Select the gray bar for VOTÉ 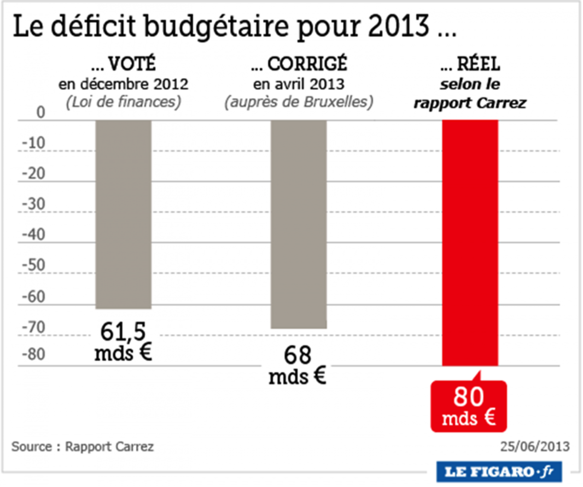point(123,214)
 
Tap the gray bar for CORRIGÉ point(298,223)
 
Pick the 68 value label point(297,356)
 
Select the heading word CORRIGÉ point(307,65)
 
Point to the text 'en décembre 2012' point(123,84)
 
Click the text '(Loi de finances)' point(123,102)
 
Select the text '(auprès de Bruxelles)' point(298,102)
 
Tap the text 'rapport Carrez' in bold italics point(469,103)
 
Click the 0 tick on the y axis point(41,113)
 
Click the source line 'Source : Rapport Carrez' point(83,446)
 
